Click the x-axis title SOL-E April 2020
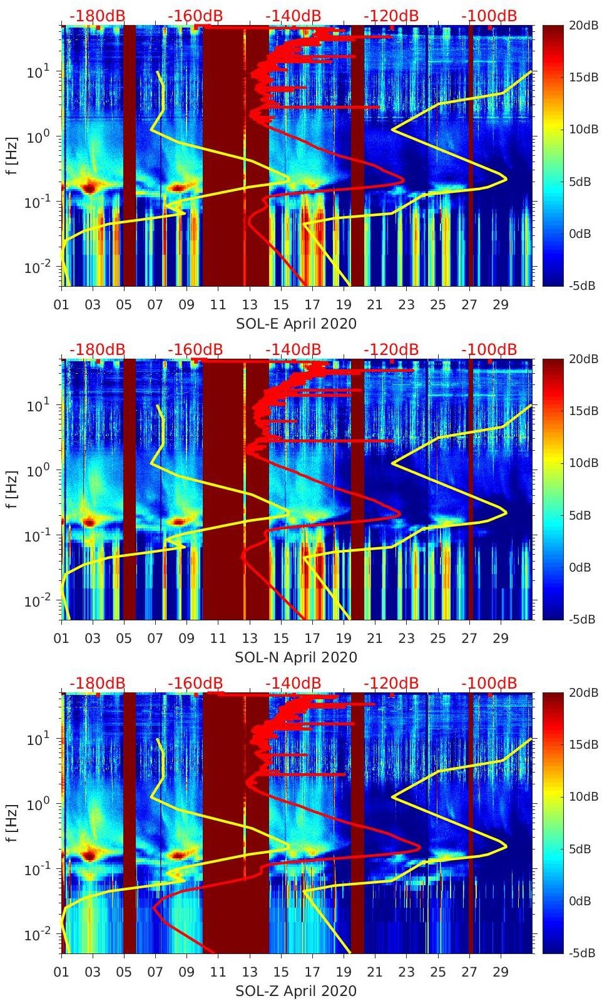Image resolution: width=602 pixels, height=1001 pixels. click(x=296, y=324)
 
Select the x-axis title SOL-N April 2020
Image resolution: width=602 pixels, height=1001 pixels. click(x=296, y=657)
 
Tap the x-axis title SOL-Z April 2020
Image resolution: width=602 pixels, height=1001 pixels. click(x=296, y=991)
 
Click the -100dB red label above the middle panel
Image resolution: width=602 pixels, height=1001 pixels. click(x=489, y=349)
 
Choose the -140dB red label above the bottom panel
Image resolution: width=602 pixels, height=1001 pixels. click(x=293, y=683)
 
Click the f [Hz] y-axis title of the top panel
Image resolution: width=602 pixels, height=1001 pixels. click(x=13, y=155)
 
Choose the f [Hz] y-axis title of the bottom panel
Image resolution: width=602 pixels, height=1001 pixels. click(x=13, y=823)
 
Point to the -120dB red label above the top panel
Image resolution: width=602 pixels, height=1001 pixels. click(x=391, y=16)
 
